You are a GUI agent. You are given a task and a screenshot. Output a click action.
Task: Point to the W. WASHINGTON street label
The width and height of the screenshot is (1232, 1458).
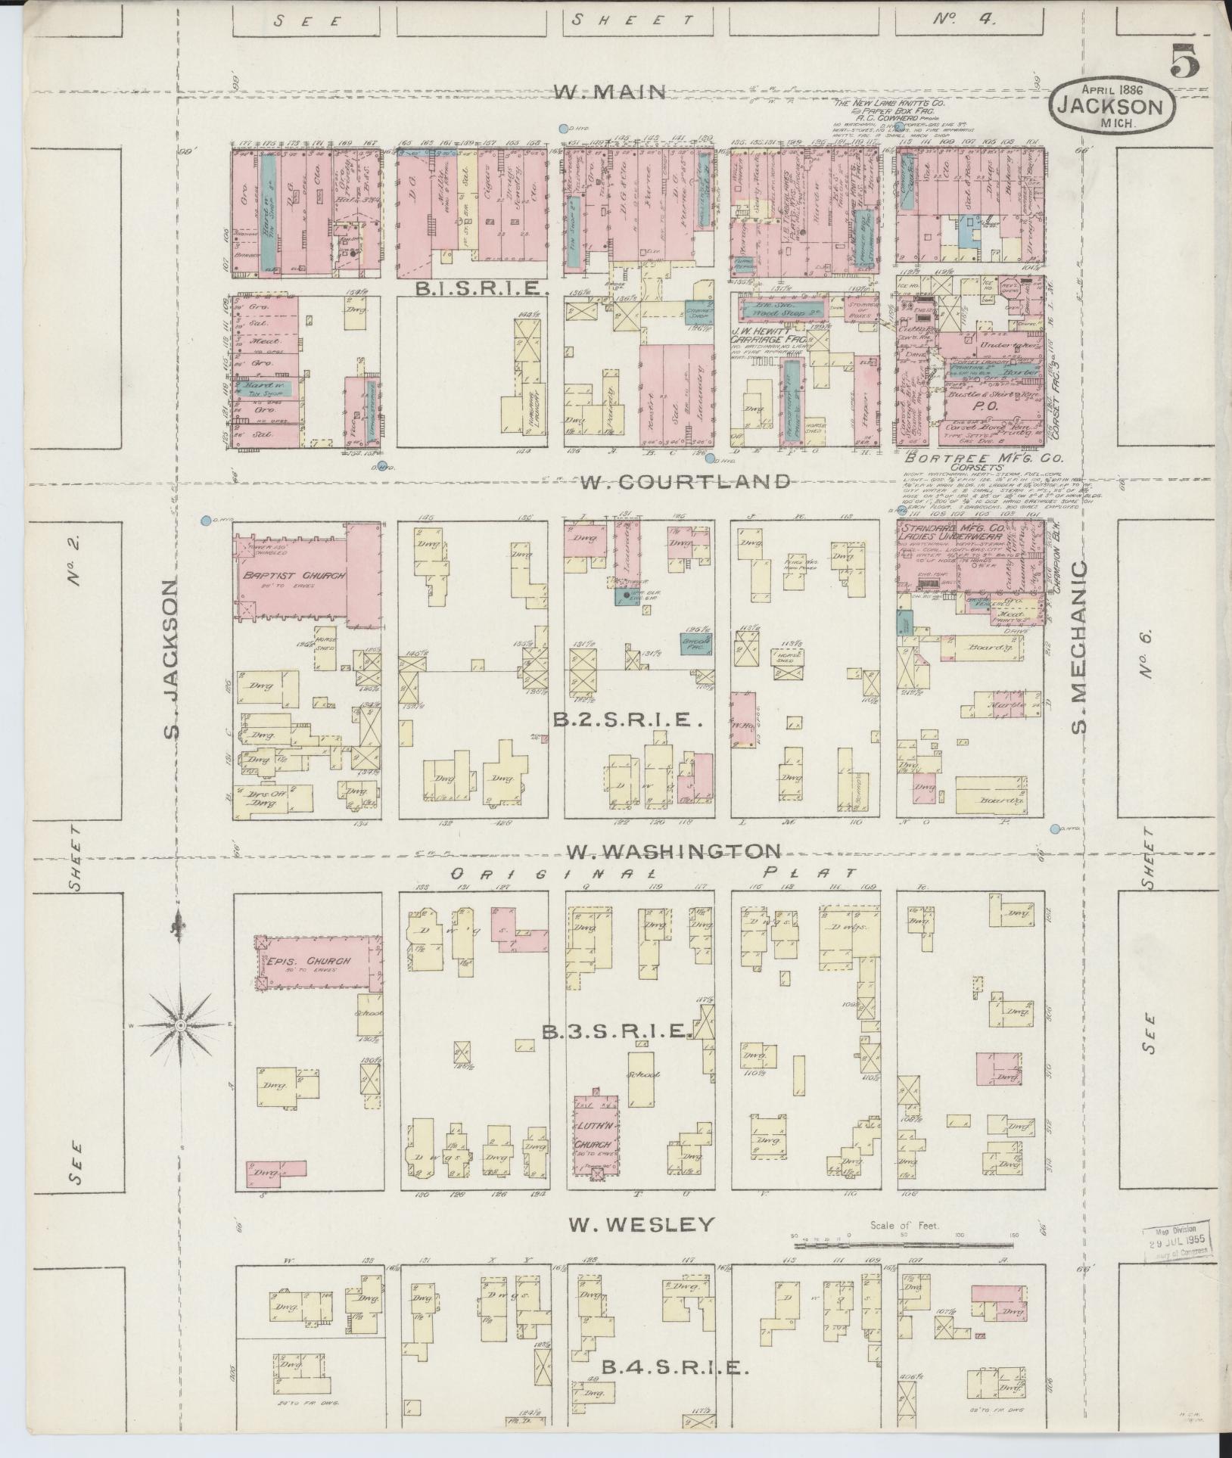coord(674,850)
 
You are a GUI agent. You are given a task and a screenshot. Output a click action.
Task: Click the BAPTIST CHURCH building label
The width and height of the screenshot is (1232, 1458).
coord(294,575)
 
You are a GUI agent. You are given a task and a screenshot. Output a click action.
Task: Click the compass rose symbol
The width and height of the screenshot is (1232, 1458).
coord(181,1025)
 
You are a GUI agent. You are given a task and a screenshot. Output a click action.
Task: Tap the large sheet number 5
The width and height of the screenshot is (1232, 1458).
coord(1184,61)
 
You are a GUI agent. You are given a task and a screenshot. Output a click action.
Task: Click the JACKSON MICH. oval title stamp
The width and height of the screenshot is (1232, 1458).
coord(1113,106)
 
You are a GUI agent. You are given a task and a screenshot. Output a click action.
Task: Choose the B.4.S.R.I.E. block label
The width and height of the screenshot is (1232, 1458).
coord(674,1368)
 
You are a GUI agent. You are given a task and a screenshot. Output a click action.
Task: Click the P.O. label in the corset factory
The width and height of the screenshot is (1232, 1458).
coord(991,405)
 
